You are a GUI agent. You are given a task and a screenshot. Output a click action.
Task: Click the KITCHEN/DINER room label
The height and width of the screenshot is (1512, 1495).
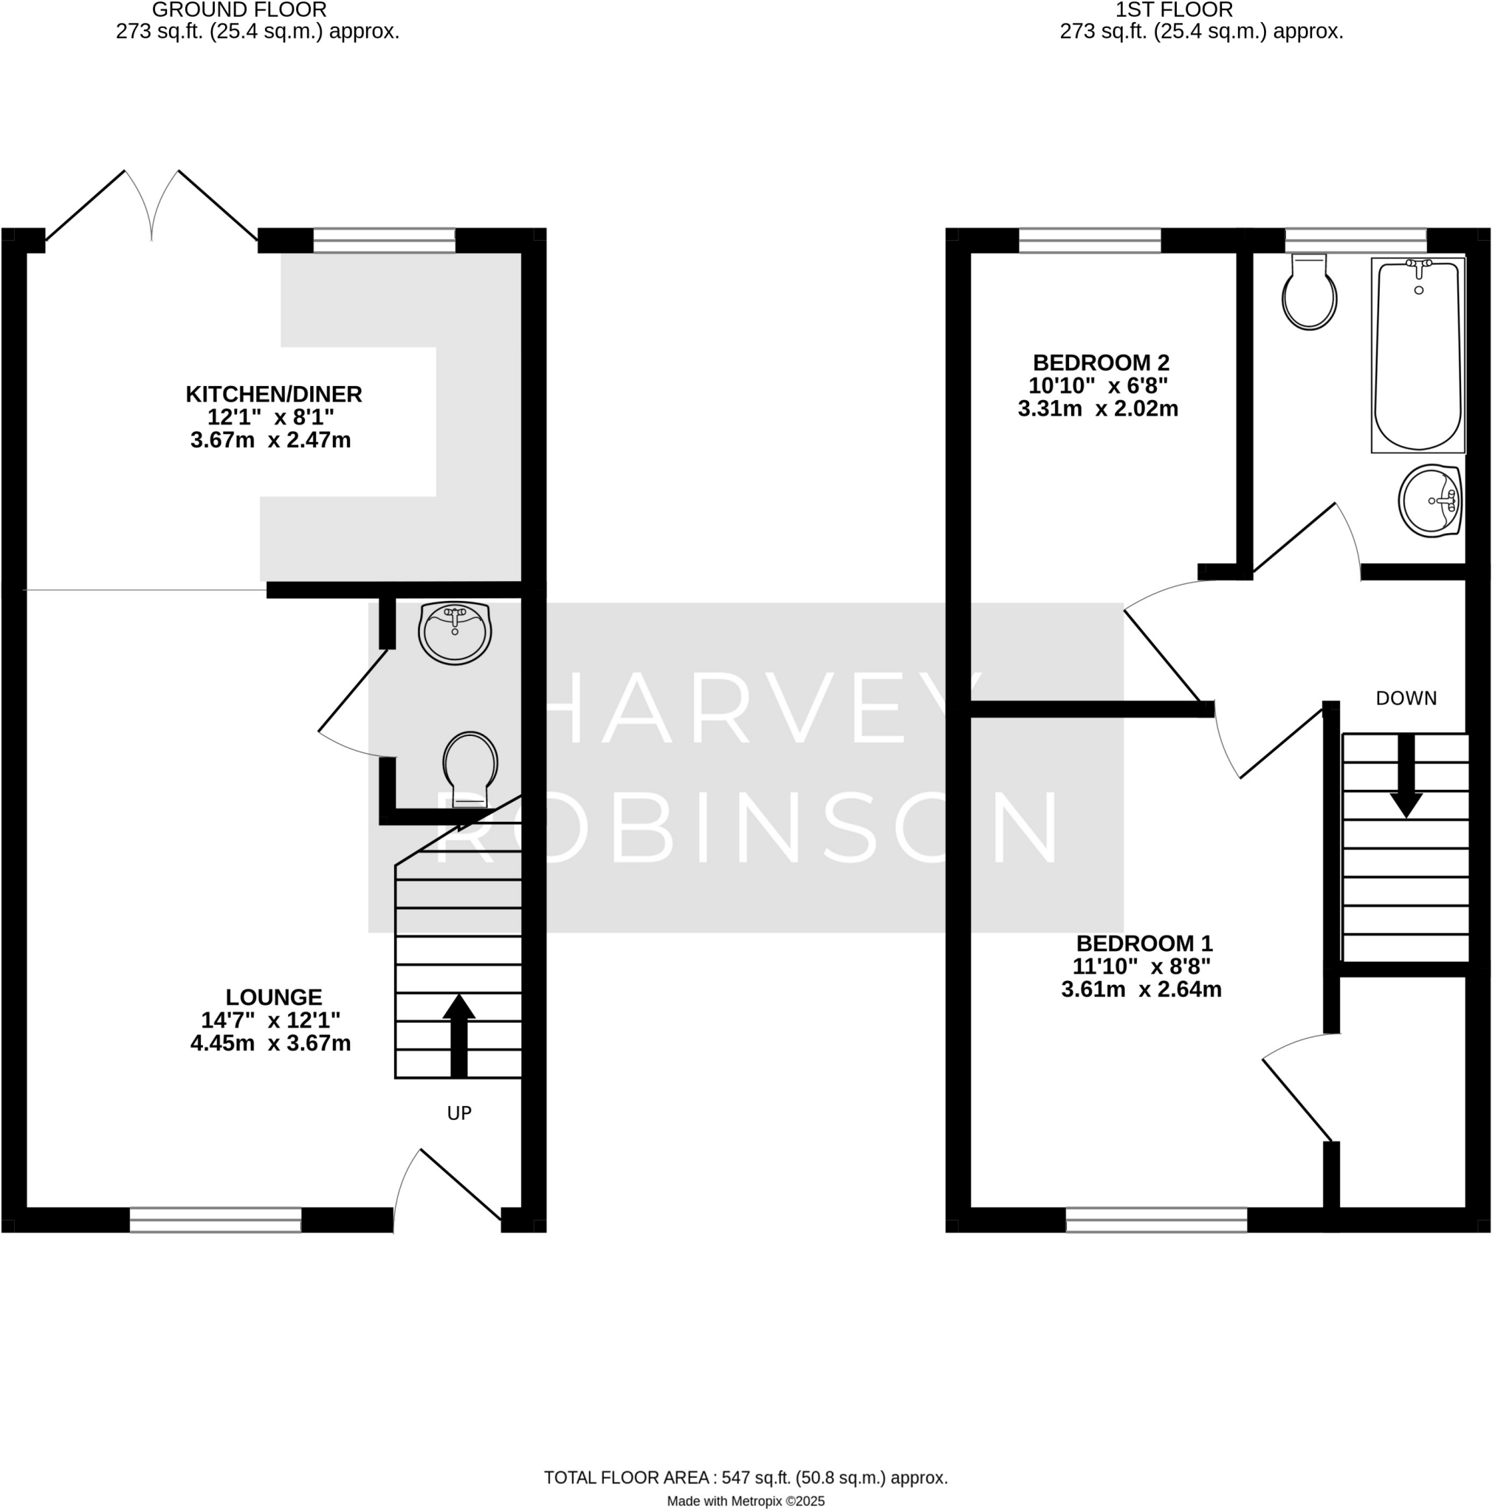click(273, 394)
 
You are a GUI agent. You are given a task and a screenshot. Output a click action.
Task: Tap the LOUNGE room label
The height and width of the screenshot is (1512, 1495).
click(273, 997)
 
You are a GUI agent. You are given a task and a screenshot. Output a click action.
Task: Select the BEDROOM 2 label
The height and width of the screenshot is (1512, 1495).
click(1101, 362)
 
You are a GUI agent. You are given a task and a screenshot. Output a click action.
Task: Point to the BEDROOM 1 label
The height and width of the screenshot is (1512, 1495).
click(1144, 943)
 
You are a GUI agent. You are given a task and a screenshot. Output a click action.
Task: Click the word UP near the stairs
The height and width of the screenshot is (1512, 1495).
click(458, 1113)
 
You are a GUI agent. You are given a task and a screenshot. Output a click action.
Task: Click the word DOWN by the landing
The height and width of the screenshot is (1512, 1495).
click(1406, 698)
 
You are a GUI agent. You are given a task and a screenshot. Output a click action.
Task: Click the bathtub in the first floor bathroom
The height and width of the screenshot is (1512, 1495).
click(1417, 356)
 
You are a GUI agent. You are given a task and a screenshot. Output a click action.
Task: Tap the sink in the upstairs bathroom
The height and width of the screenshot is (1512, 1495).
click(1430, 501)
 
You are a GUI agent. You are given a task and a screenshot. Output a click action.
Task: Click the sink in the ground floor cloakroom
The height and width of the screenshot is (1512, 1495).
click(455, 633)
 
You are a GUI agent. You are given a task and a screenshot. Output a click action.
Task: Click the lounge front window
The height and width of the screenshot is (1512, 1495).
click(216, 1220)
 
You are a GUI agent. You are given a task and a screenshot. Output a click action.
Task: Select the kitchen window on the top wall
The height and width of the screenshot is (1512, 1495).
click(384, 240)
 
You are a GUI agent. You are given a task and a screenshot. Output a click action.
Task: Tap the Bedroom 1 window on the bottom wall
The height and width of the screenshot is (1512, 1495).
click(1156, 1220)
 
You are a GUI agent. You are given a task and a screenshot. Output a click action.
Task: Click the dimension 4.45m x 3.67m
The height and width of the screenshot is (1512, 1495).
click(270, 1043)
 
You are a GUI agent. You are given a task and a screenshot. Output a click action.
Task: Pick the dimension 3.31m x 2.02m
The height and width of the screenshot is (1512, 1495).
click(1097, 408)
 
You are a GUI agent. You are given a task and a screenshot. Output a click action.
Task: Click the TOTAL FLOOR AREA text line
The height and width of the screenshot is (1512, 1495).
click(745, 1477)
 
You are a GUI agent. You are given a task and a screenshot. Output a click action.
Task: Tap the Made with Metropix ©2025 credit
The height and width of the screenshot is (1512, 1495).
click(745, 1501)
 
